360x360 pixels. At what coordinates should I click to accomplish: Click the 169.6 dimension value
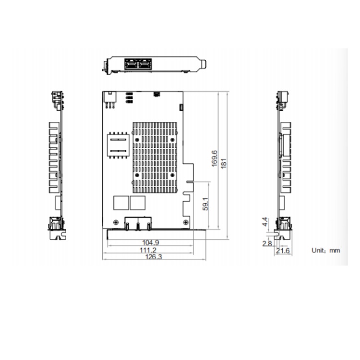214,158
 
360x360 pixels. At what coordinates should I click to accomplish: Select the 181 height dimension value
223,163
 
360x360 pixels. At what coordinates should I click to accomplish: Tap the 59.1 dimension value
205,204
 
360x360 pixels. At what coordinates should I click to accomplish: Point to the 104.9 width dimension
151,242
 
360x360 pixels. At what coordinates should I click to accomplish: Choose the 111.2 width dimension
148,250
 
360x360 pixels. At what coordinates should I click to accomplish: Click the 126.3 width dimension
154,257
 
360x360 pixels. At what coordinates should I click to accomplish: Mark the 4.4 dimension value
265,222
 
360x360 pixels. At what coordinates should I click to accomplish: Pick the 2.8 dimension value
267,243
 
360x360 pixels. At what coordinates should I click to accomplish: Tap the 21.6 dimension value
283,251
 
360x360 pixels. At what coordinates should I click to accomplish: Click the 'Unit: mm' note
325,250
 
